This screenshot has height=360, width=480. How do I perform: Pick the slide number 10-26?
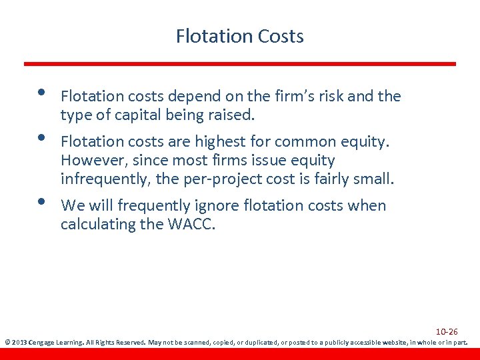click(x=447, y=331)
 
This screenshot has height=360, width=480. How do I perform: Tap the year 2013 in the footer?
click(x=19, y=343)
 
